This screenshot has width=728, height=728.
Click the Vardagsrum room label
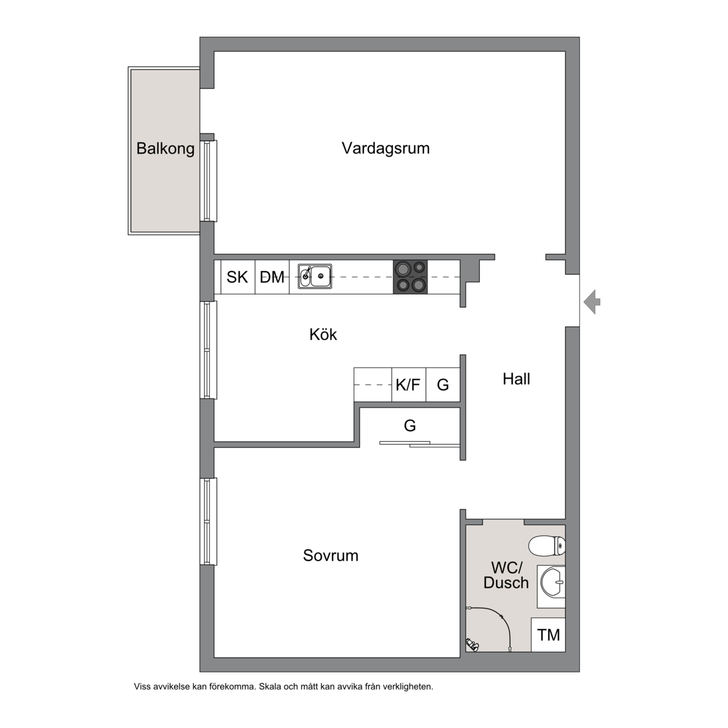coord(385,149)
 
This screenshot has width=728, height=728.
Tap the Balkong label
coord(166,149)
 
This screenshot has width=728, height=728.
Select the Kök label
coord(323,334)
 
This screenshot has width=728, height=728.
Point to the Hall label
coord(516,379)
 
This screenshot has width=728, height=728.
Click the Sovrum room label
coord(331,555)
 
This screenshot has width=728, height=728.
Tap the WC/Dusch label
coord(506,575)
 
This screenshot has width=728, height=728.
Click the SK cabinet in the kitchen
coord(238,277)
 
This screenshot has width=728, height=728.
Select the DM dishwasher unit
coord(272,277)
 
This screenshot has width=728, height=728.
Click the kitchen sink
coord(315,276)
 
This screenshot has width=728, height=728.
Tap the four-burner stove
coord(410,277)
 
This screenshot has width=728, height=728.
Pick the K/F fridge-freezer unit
coord(409,384)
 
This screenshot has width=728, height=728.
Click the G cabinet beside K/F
coord(443,384)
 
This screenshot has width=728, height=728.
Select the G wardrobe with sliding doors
coord(409,426)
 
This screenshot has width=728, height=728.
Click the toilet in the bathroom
coord(547,545)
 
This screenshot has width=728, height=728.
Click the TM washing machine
coord(549,634)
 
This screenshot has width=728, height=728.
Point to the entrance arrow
coord(592,302)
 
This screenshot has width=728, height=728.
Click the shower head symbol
coord(472,644)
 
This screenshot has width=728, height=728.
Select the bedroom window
coord(209,521)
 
